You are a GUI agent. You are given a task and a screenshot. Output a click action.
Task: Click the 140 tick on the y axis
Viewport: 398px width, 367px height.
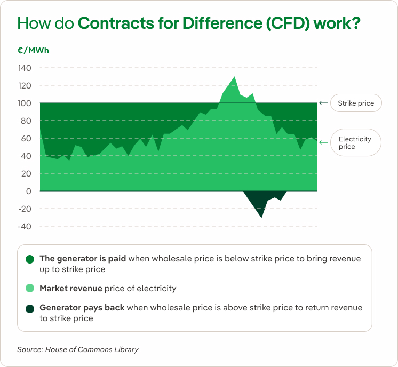tap(25, 68)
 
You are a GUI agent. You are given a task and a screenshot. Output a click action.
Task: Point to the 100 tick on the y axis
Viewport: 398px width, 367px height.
tap(25, 103)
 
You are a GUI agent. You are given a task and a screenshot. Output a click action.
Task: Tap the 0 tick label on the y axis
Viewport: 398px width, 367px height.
tap(29, 191)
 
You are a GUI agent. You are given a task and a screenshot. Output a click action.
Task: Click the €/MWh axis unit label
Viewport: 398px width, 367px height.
tap(33, 51)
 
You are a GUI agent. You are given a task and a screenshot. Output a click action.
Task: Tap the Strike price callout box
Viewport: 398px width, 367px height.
tap(356, 103)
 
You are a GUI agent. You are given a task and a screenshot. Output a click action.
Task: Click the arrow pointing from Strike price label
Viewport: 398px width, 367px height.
tap(323, 103)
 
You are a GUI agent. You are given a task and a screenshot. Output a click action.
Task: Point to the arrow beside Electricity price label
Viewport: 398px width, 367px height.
tap(323, 142)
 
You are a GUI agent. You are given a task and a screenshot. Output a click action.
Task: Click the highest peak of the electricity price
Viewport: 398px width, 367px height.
tap(234, 77)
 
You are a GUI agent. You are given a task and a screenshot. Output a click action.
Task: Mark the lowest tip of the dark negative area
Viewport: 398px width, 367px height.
tap(261, 217)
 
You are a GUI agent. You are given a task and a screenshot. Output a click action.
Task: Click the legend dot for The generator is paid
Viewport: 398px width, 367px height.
tap(30, 259)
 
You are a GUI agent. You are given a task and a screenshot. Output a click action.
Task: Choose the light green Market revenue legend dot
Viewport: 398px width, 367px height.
tap(30, 289)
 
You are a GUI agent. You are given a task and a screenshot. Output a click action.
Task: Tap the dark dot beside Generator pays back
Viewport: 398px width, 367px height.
tap(30, 308)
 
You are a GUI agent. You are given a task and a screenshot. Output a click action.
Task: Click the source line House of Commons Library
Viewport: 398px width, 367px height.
tap(78, 349)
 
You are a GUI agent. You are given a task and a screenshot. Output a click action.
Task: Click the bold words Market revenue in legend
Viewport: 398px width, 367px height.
tap(70, 289)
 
